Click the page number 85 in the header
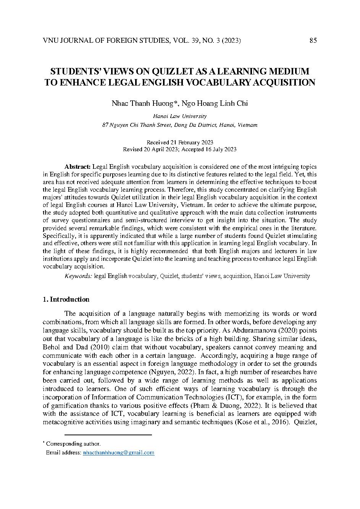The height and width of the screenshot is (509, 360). pos(313,41)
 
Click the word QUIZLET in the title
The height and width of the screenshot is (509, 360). pos(171,71)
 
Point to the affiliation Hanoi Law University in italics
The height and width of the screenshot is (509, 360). pos(179,116)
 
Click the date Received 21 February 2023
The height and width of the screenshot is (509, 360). pos(179,142)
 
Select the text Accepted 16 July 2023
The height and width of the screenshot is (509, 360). pos(209,149)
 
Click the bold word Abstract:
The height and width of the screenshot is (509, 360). pos(77,167)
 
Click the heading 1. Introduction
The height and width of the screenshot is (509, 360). pos(66,299)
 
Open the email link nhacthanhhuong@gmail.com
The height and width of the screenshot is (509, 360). pos(119,452)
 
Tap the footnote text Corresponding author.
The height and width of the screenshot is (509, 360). pos(73,444)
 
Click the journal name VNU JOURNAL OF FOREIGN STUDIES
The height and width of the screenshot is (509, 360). pos(107,41)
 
